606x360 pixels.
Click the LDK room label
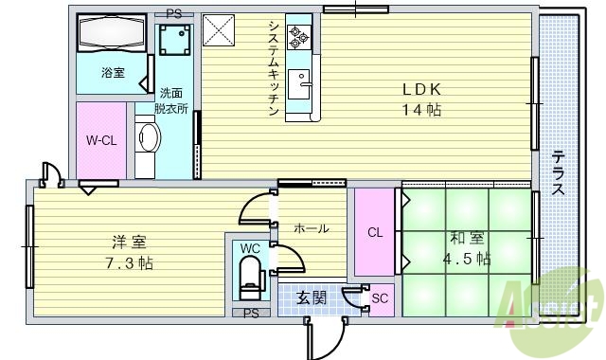point(422,91)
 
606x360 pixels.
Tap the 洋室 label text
point(124,242)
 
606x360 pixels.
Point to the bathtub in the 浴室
point(111,37)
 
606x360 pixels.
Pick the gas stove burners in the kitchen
point(299,37)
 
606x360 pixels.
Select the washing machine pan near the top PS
point(174,40)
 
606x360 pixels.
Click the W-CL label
point(100,141)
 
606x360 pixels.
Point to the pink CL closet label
point(374,231)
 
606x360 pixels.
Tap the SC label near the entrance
point(380,299)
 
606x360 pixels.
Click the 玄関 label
point(312,298)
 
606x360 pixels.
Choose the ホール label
point(311,228)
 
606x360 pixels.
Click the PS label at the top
point(173,13)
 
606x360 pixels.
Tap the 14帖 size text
point(422,110)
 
